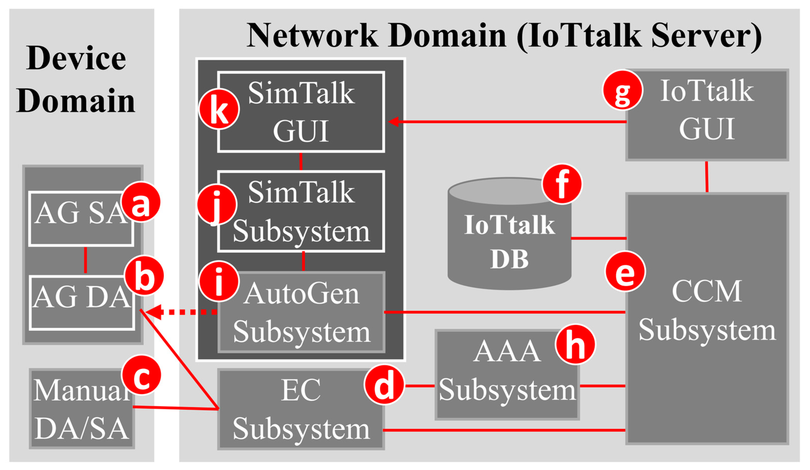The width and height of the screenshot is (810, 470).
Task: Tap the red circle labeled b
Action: (144, 276)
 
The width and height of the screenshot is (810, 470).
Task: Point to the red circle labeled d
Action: (384, 385)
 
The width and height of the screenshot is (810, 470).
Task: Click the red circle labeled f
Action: (562, 184)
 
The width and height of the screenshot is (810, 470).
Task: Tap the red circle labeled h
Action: (575, 344)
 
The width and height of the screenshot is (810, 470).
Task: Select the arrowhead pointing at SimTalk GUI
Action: (393, 122)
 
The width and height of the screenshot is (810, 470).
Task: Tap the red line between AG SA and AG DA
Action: (85, 260)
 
